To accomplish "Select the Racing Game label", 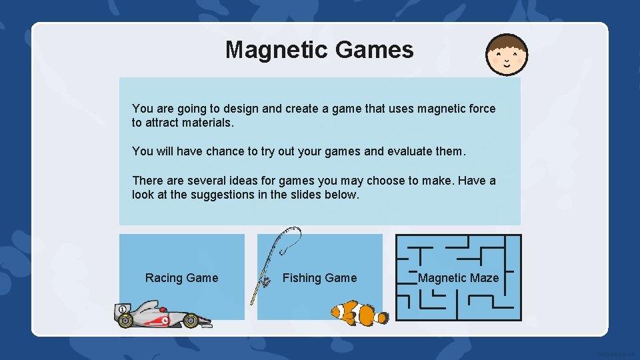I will click(181, 278).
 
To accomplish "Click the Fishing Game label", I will click(319, 278).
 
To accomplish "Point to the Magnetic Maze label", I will click(458, 278).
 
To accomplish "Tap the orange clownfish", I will click(359, 312).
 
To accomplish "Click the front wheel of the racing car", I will click(191, 321).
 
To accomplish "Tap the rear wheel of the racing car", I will click(125, 321).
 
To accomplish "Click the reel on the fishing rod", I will click(267, 283).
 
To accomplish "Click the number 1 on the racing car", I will click(123, 309).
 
